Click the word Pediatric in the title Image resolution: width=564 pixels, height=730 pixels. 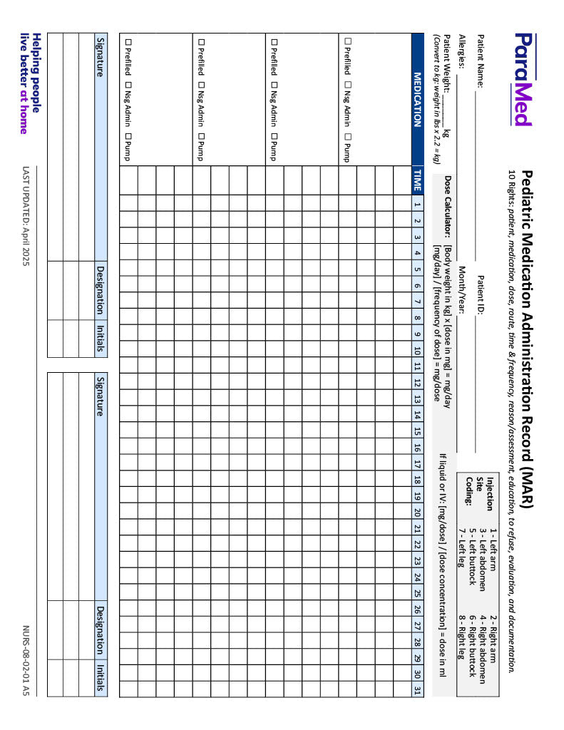click(528, 199)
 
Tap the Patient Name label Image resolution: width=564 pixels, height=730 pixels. click(480, 61)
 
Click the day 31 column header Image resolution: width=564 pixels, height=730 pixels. click(418, 689)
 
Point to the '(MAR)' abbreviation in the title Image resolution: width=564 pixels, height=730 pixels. click(528, 485)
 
